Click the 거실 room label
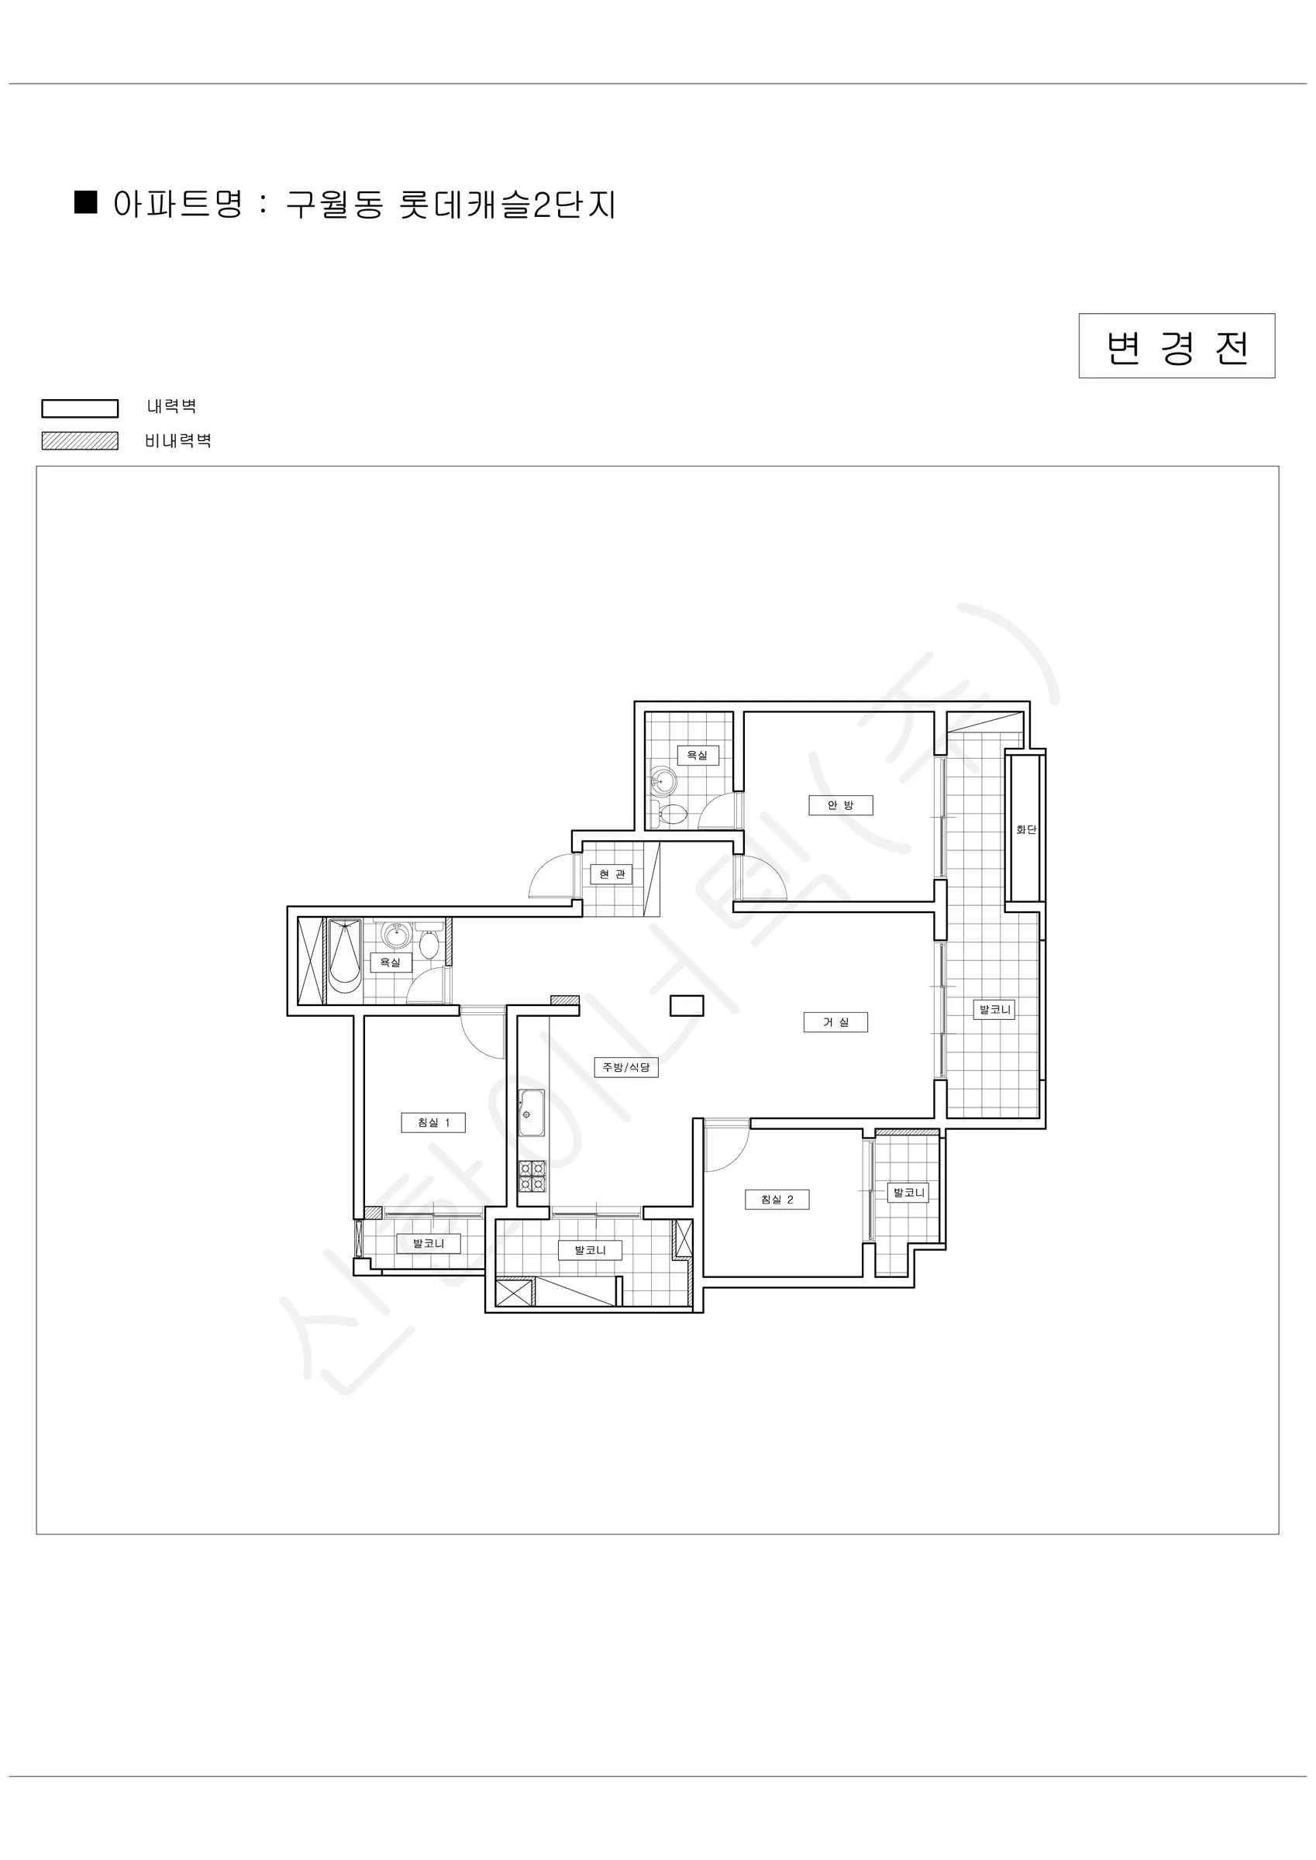tap(835, 1022)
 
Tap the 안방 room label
tap(840, 805)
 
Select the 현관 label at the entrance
tap(611, 874)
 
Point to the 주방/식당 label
tap(625, 1067)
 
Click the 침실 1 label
tap(433, 1123)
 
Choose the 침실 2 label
tap(777, 1200)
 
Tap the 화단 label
tap(1026, 829)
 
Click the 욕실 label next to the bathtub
tap(391, 963)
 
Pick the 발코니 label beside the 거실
tap(994, 1009)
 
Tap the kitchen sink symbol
tap(532, 1113)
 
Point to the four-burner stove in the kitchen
tap(532, 1176)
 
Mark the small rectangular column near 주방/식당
tap(687, 1005)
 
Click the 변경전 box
tap(1176, 346)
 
